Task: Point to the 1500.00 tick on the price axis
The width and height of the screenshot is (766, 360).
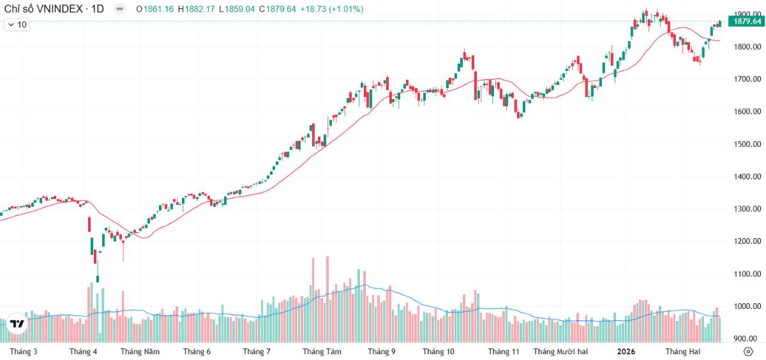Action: pyautogui.click(x=746, y=144)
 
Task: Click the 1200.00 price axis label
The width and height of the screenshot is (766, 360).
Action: pyautogui.click(x=746, y=241)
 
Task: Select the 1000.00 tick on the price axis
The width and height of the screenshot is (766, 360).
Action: pyautogui.click(x=746, y=306)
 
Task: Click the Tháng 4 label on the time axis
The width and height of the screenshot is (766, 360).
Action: pyautogui.click(x=83, y=352)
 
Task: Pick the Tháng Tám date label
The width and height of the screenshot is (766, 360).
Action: pyautogui.click(x=322, y=352)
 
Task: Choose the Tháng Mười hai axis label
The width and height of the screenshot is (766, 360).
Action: pyautogui.click(x=560, y=352)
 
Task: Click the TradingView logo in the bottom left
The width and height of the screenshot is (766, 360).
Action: pyautogui.click(x=17, y=323)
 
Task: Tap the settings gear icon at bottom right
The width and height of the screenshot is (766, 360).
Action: pyautogui.click(x=748, y=352)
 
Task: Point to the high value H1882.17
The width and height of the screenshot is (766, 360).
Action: pyautogui.click(x=197, y=9)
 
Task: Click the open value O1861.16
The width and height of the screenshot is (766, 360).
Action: pyautogui.click(x=156, y=9)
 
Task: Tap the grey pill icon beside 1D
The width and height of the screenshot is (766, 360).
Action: pyautogui.click(x=119, y=9)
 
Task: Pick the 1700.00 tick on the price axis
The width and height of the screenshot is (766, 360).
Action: pyautogui.click(x=746, y=79)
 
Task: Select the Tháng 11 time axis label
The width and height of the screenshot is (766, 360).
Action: pyautogui.click(x=504, y=352)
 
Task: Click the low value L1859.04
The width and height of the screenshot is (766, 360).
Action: pyautogui.click(x=236, y=9)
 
